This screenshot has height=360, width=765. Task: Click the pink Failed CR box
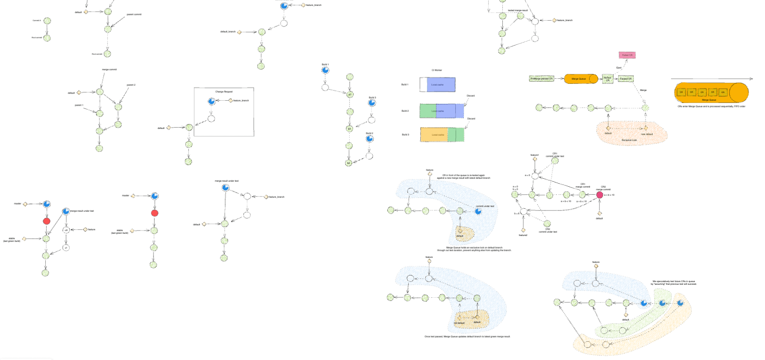click(x=627, y=55)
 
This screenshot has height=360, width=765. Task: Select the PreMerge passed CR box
click(x=541, y=78)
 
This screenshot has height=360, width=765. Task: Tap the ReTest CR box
click(x=607, y=79)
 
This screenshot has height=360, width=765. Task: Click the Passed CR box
click(x=625, y=79)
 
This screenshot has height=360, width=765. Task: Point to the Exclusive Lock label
click(x=629, y=140)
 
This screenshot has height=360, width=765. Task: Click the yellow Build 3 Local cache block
click(x=434, y=135)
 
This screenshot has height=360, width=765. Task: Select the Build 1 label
click(x=405, y=85)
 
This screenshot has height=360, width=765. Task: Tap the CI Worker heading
click(x=436, y=70)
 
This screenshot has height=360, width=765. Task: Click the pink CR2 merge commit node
click(x=599, y=195)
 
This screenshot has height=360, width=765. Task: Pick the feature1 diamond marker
click(x=535, y=159)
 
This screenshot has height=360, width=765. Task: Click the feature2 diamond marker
click(x=523, y=230)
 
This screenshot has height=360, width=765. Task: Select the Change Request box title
click(x=224, y=92)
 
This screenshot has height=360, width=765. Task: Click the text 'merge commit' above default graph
click(x=109, y=69)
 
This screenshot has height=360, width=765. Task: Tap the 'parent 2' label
click(x=131, y=85)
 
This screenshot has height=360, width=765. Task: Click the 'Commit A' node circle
click(x=47, y=21)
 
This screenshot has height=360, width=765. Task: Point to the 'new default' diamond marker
click(x=645, y=128)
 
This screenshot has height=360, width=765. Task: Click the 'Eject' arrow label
click(x=619, y=68)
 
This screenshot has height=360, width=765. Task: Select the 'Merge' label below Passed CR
click(x=643, y=90)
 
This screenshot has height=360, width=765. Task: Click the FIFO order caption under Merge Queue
click(x=711, y=107)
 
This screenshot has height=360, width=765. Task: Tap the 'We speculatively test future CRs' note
click(x=673, y=283)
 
